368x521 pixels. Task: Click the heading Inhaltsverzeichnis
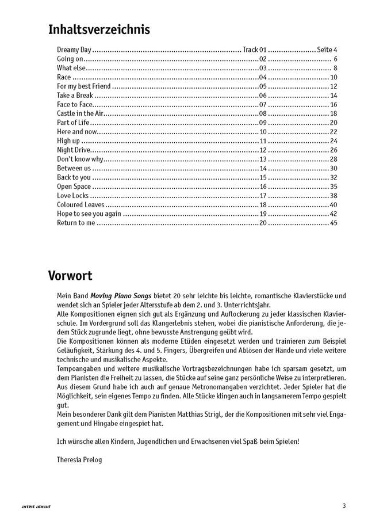[99, 29]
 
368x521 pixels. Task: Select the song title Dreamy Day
[74, 50]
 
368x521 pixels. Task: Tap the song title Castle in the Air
[79, 114]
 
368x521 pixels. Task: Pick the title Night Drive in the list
[74, 150]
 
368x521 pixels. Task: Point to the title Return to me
[75, 223]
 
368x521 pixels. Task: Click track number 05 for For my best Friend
[263, 86]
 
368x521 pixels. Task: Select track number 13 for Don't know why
[263, 159]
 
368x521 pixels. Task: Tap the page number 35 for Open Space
[333, 187]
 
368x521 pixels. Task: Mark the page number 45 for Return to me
[333, 223]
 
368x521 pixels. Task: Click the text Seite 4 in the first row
[327, 50]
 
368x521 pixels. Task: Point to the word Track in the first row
[251, 50]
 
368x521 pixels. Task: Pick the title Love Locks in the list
[72, 195]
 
